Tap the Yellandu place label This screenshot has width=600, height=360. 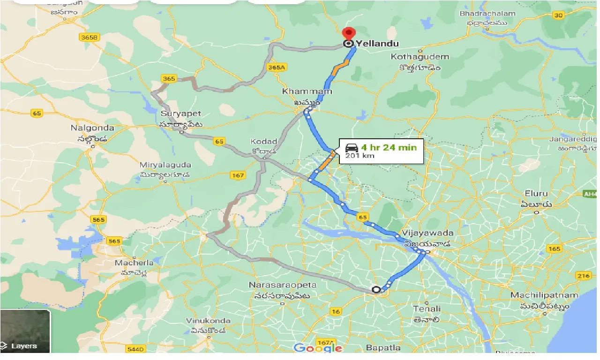(377, 44)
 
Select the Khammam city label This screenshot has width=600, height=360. (307, 91)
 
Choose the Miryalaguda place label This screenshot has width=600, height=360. (165, 165)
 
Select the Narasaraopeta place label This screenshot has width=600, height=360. (283, 285)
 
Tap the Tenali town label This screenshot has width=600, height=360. (427, 308)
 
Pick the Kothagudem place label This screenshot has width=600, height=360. (420, 57)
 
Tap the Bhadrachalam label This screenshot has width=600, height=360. (487, 14)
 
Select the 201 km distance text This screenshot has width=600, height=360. (360, 156)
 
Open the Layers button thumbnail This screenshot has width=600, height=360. (25, 331)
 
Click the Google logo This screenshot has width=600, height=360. (317, 348)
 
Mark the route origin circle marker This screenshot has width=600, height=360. (375, 290)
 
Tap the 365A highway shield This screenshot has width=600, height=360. (276, 67)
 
